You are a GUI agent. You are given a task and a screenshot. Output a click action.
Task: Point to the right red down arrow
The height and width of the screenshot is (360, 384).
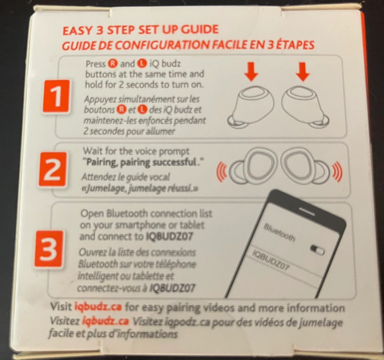(303, 72)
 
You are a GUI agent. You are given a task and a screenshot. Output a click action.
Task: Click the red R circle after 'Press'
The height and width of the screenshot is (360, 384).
(112, 64)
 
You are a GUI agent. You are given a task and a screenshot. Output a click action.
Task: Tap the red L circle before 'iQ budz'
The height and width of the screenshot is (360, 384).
(142, 64)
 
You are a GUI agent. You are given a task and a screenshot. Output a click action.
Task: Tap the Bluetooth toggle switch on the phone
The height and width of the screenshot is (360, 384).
(317, 249)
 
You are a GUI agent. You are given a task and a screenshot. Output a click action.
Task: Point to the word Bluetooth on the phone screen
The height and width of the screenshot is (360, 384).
(279, 233)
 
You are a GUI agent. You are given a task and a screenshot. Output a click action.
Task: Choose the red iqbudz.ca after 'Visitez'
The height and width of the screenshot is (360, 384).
(105, 321)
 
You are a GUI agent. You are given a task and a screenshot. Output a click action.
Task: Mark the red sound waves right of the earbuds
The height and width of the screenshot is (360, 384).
(337, 171)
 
